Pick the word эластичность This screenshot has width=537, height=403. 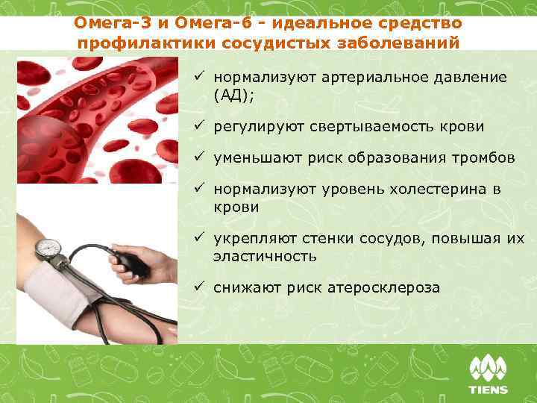(x=265, y=256)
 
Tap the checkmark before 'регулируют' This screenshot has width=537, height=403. (x=201, y=127)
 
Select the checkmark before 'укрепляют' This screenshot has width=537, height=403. (x=201, y=239)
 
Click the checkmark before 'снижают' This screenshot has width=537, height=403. (x=201, y=287)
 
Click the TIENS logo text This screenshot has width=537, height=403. (x=487, y=390)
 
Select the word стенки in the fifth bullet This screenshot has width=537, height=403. (x=327, y=239)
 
